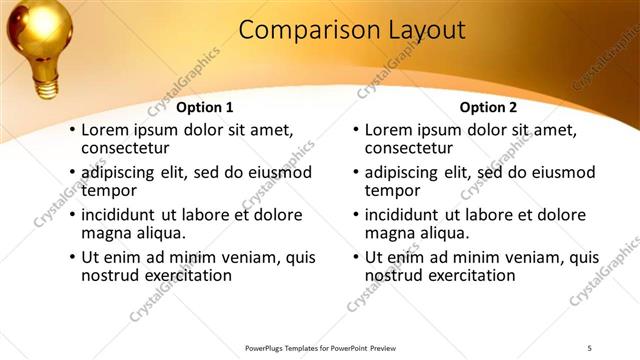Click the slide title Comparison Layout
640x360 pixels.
pos(352,31)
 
